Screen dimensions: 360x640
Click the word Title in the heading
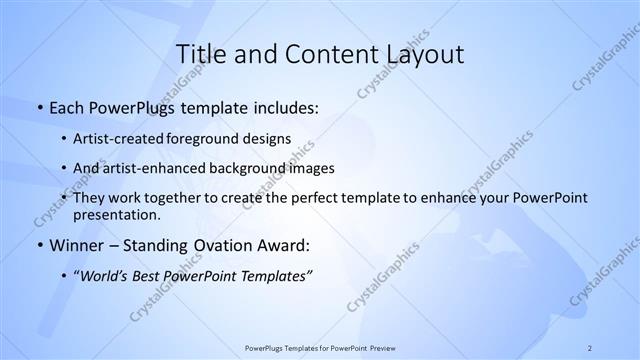pyautogui.click(x=198, y=54)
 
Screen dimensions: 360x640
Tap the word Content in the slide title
pyautogui.click(x=326, y=54)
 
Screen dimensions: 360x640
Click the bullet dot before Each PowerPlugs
pyautogui.click(x=39, y=107)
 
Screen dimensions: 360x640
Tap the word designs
pyautogui.click(x=270, y=138)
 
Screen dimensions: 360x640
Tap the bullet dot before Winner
pyautogui.click(x=39, y=245)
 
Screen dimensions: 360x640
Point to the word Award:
pyautogui.click(x=290, y=245)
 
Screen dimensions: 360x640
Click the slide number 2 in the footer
pyautogui.click(x=590, y=347)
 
